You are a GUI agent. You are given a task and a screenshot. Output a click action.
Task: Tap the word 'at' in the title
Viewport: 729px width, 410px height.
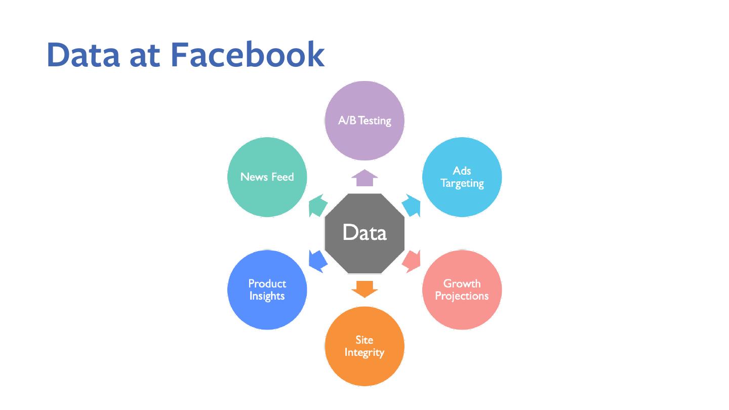(144, 55)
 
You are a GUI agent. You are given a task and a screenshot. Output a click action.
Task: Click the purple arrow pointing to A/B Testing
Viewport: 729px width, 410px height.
(364, 178)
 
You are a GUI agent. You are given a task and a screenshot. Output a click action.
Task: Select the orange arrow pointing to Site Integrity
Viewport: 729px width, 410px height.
(364, 289)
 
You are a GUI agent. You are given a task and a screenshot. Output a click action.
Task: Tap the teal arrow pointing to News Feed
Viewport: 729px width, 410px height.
(318, 207)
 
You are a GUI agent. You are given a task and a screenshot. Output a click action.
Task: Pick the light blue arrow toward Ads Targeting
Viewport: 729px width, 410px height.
(412, 207)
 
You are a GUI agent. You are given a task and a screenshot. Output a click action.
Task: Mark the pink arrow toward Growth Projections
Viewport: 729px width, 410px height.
(412, 260)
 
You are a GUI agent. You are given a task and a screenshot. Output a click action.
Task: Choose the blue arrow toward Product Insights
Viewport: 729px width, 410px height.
(318, 260)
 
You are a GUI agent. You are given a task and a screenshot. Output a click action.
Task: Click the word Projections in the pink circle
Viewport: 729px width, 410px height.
(462, 296)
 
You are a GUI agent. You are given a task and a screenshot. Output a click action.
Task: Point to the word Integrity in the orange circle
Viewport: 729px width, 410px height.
(364, 353)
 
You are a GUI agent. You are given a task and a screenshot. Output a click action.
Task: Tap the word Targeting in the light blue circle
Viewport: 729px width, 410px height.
(462, 183)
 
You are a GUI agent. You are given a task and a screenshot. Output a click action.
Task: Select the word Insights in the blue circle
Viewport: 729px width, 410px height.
(267, 296)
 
